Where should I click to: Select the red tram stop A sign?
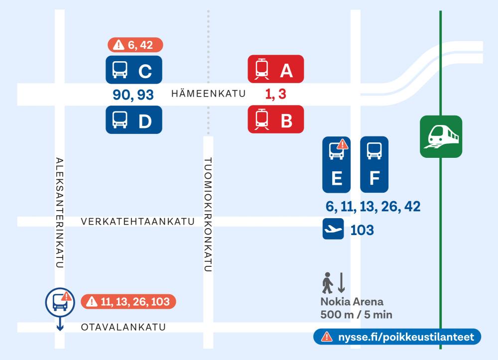click(275, 69)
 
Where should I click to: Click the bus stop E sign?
click(337, 164)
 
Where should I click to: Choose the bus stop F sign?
click(374, 164)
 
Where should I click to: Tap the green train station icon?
click(440, 136)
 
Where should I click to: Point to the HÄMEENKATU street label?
click(208, 94)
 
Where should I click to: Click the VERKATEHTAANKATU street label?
click(137, 222)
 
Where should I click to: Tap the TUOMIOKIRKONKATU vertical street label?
click(209, 214)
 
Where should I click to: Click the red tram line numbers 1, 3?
click(275, 94)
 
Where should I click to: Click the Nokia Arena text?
click(352, 303)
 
